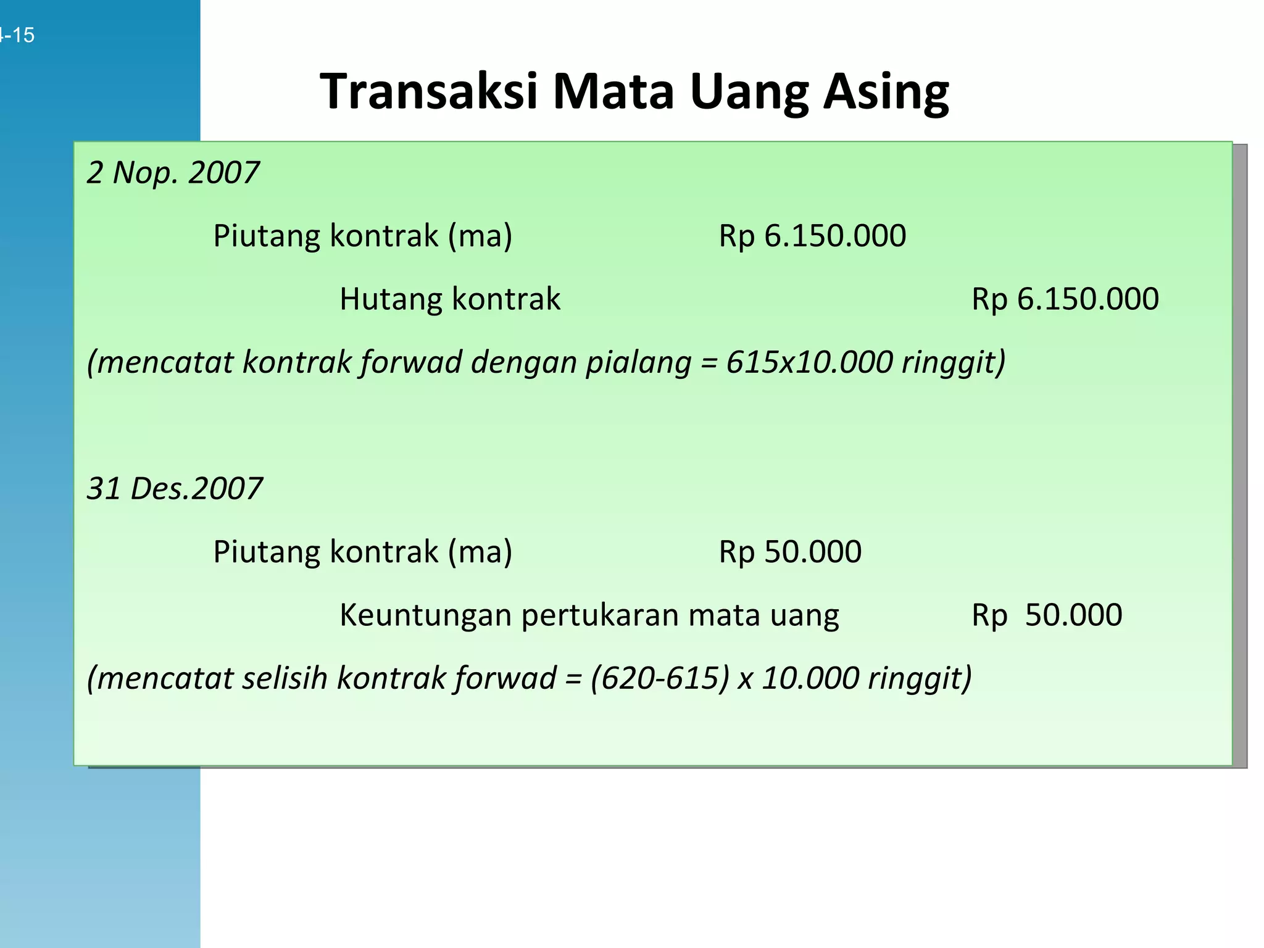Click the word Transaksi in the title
pyautogui.click(x=429, y=92)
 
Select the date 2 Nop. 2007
pyautogui.click(x=173, y=172)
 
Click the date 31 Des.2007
pyautogui.click(x=175, y=488)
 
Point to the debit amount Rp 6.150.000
pyautogui.click(x=812, y=236)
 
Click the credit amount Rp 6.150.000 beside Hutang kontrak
pyautogui.click(x=1065, y=299)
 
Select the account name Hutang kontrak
pyautogui.click(x=450, y=299)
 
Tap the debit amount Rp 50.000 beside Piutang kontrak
pyautogui.click(x=790, y=552)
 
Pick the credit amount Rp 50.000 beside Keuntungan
pyautogui.click(x=1047, y=615)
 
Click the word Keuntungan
pyautogui.click(x=426, y=615)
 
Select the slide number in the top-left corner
pyautogui.click(x=17, y=35)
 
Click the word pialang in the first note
pyautogui.click(x=638, y=363)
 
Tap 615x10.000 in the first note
pyautogui.click(x=809, y=362)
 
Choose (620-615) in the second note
pyautogui.click(x=660, y=678)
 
